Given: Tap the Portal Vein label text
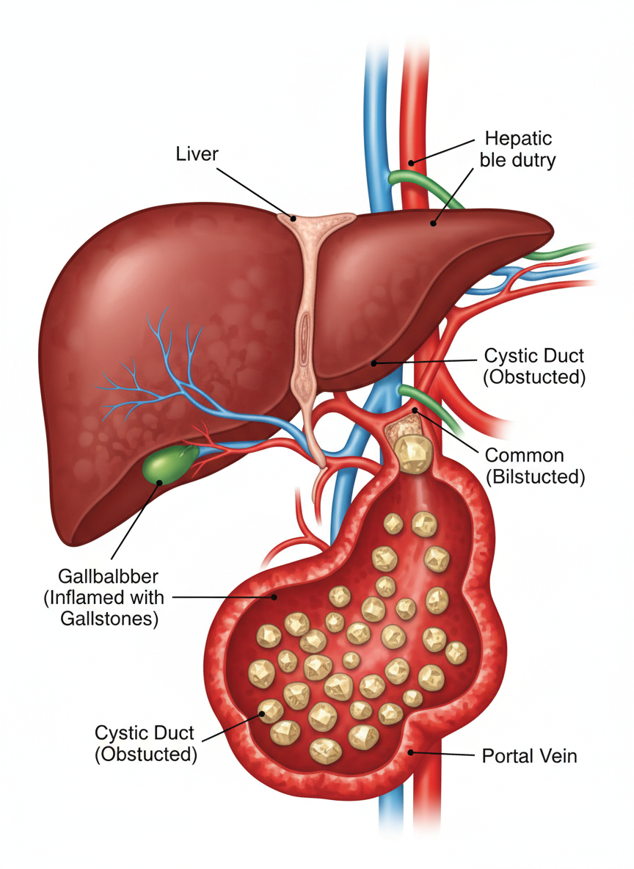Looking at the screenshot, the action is [x=529, y=756].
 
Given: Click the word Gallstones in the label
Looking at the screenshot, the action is [x=109, y=618].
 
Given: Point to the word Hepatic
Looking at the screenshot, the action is [x=518, y=139].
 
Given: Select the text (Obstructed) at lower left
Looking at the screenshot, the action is [x=146, y=754].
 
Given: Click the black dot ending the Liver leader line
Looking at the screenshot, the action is [x=294, y=217].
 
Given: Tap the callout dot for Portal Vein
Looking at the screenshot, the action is [x=411, y=752].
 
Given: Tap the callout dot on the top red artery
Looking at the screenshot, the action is [x=412, y=162].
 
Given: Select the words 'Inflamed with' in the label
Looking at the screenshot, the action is [x=103, y=597].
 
